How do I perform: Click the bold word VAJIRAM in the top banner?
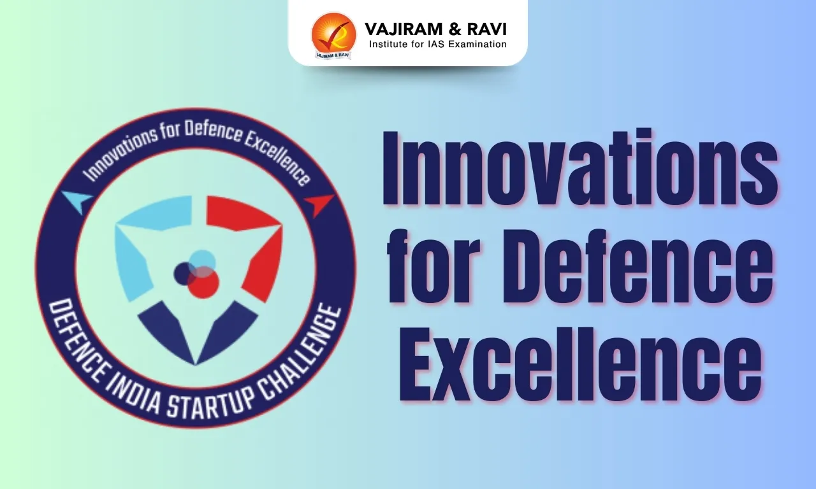tap(397, 29)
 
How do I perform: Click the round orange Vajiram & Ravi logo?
tap(333, 35)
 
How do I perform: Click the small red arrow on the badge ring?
tap(318, 204)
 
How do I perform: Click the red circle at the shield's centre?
tap(205, 283)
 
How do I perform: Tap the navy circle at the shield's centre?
tap(185, 273)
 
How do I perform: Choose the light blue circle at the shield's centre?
tap(203, 260)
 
